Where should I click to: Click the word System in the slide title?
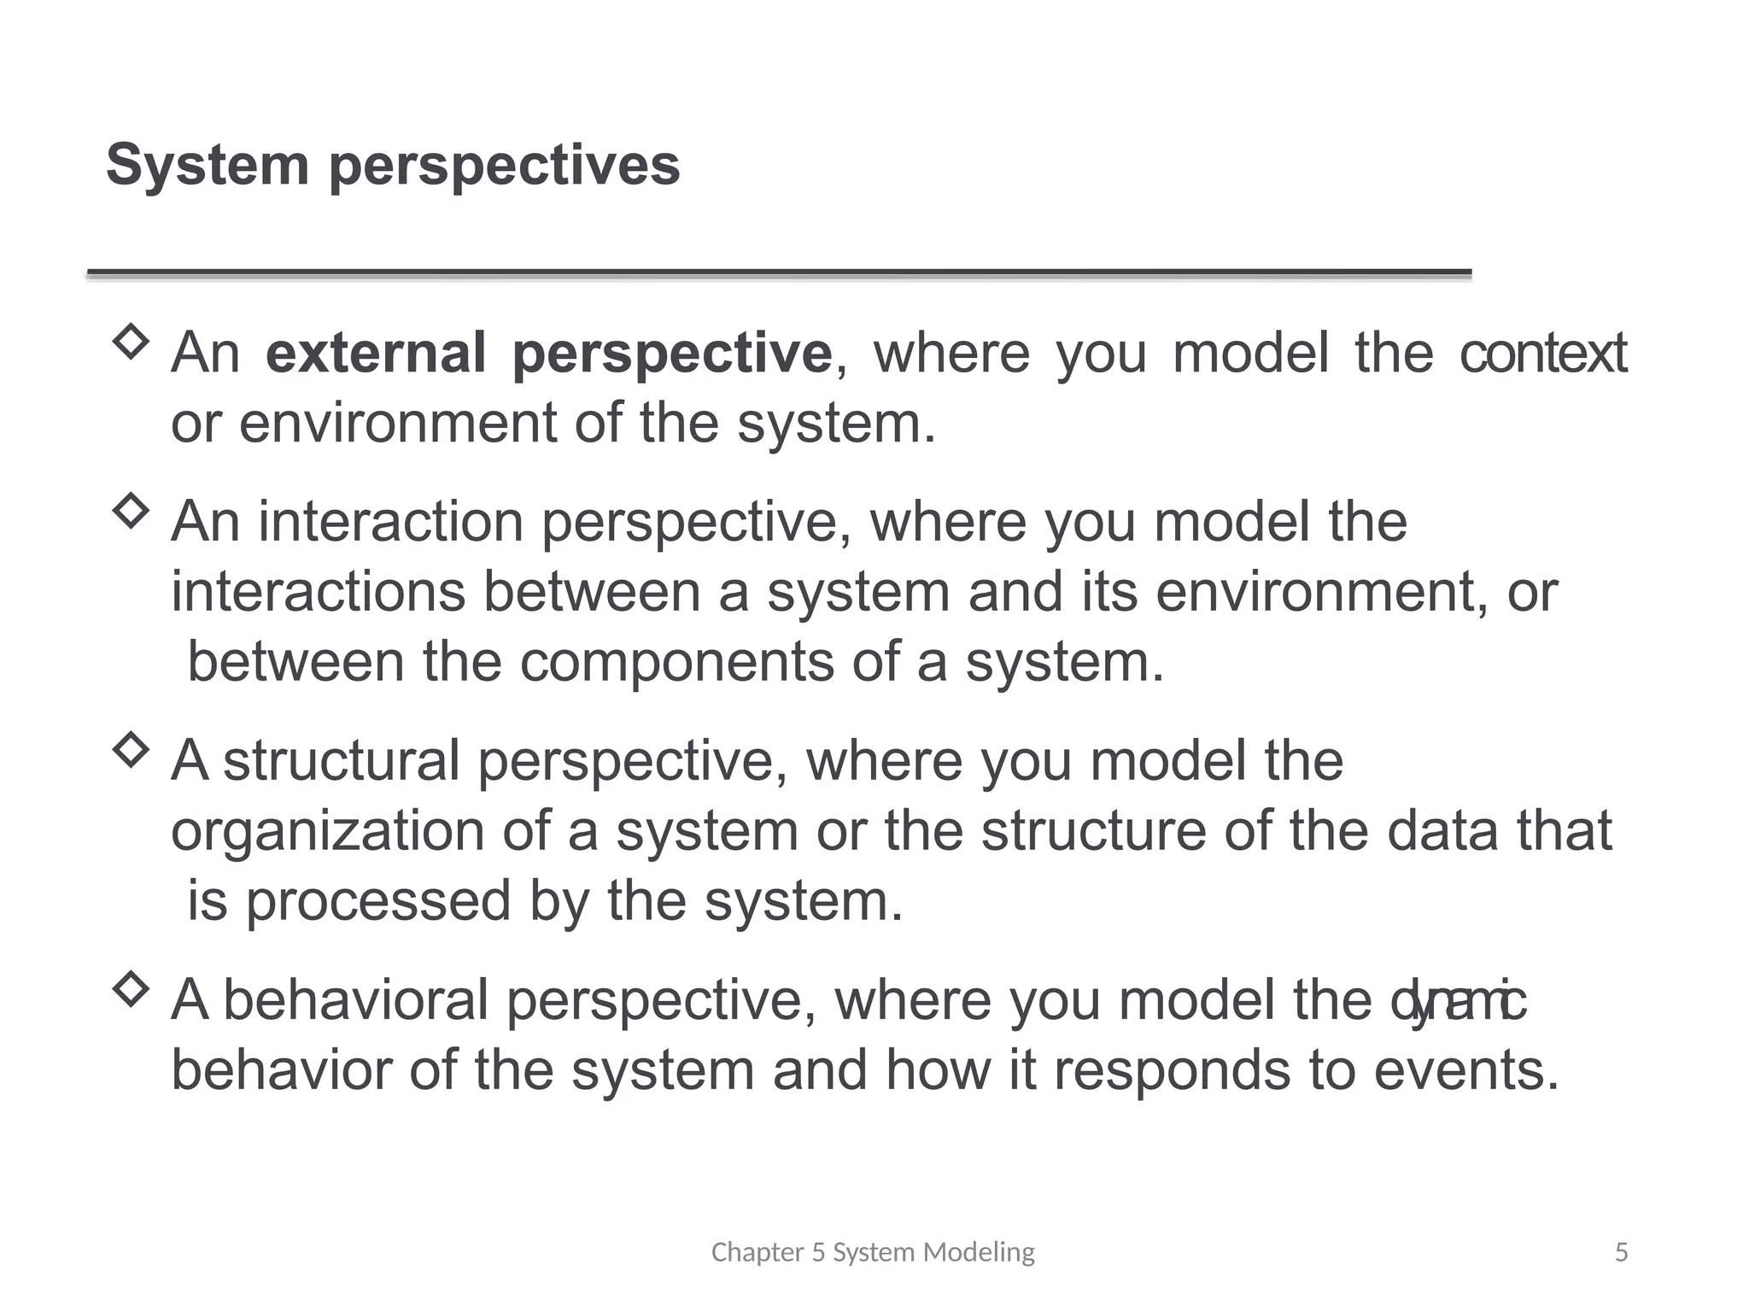click(x=207, y=165)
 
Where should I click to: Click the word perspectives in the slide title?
click(x=504, y=167)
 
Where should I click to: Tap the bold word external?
click(x=376, y=353)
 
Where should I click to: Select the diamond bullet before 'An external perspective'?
click(x=131, y=343)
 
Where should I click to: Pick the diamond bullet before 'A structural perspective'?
click(x=131, y=750)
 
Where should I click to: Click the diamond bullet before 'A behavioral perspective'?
click(x=131, y=989)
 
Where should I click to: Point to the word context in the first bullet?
click(x=1542, y=353)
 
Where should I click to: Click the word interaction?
click(x=391, y=522)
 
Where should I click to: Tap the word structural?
click(x=341, y=761)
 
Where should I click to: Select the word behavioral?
click(x=355, y=1000)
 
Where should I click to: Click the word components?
click(x=676, y=662)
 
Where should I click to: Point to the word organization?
click(x=327, y=831)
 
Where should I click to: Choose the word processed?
click(x=377, y=901)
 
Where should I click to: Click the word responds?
click(x=1171, y=1070)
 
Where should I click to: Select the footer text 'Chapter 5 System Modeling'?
click(x=873, y=1252)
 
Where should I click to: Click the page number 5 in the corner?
click(x=1621, y=1252)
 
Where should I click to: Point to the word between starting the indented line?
click(x=295, y=662)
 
